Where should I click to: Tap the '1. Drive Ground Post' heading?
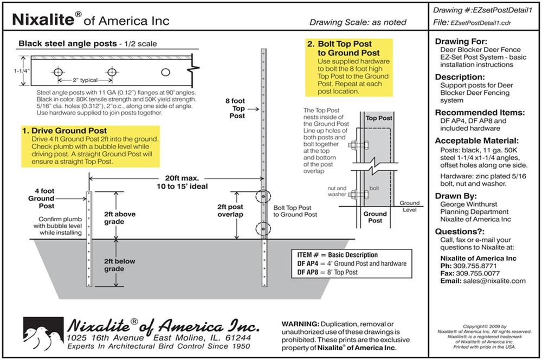coord(64,131)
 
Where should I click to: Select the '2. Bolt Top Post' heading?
coord(341,48)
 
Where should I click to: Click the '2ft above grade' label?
coord(119,217)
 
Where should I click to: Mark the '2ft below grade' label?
coord(119,264)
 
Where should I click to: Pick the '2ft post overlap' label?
coord(229,210)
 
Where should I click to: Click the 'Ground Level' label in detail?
coord(409,206)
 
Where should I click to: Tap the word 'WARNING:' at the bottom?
coord(300,324)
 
